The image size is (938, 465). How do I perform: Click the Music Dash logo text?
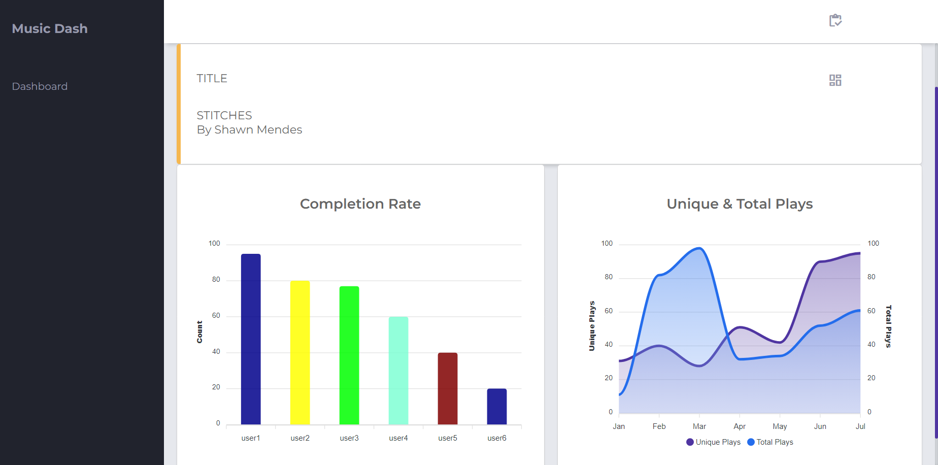[x=50, y=28]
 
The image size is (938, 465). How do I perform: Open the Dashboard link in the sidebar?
[x=40, y=86]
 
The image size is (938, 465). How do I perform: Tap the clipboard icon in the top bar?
[x=835, y=20]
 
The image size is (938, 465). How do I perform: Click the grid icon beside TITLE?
[x=835, y=80]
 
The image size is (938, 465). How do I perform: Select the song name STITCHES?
[x=224, y=115]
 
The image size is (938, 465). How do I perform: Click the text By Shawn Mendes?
[x=249, y=130]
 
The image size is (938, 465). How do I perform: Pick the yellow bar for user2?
[x=300, y=352]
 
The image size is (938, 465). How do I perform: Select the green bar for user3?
[x=349, y=355]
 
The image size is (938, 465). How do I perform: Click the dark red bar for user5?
[x=448, y=388]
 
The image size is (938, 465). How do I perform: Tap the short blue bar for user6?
[x=497, y=406]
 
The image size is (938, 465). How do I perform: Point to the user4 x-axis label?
[x=398, y=438]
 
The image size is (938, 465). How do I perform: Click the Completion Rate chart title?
[x=360, y=204]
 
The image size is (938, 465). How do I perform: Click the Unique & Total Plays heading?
[x=740, y=204]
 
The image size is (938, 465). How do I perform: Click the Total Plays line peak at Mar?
[x=699, y=248]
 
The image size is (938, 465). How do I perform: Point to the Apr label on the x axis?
[x=740, y=426]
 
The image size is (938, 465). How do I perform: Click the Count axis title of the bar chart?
[x=199, y=332]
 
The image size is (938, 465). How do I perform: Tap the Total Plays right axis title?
[x=888, y=326]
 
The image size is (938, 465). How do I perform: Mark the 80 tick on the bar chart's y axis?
[x=216, y=280]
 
